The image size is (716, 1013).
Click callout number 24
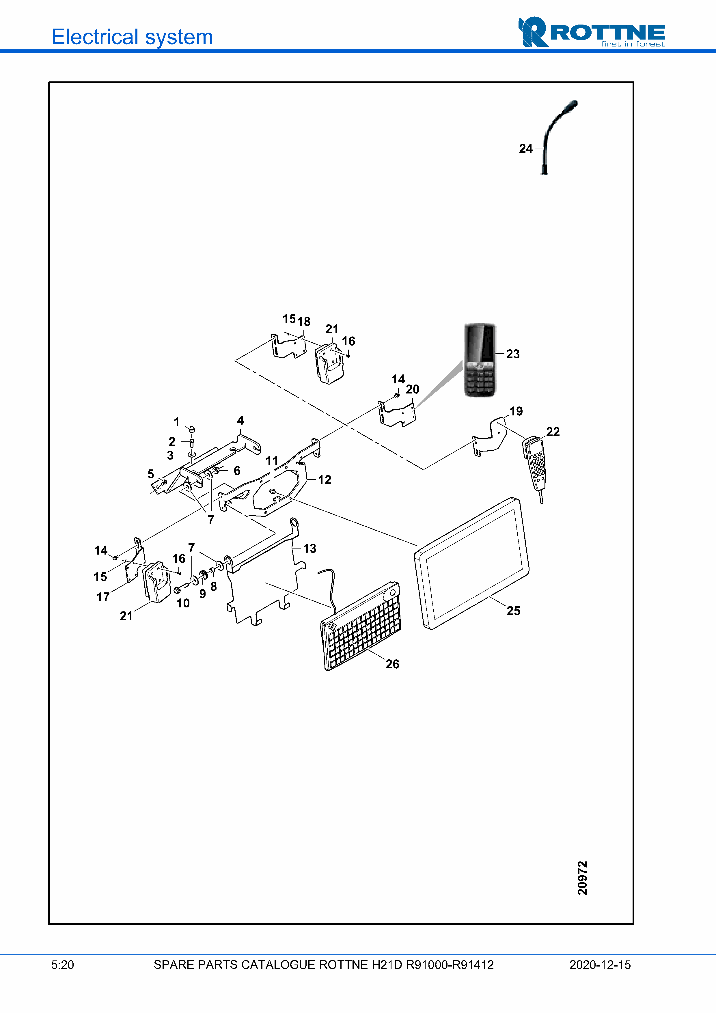525,149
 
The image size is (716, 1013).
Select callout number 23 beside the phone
513,354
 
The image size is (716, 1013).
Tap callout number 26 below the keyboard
392,664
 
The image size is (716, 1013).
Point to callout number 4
240,420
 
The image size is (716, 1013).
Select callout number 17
103,597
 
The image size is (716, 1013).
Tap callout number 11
272,461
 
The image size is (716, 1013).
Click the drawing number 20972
582,878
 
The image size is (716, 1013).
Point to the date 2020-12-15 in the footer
600,965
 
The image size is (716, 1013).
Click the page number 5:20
63,965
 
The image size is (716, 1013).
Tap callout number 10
183,603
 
